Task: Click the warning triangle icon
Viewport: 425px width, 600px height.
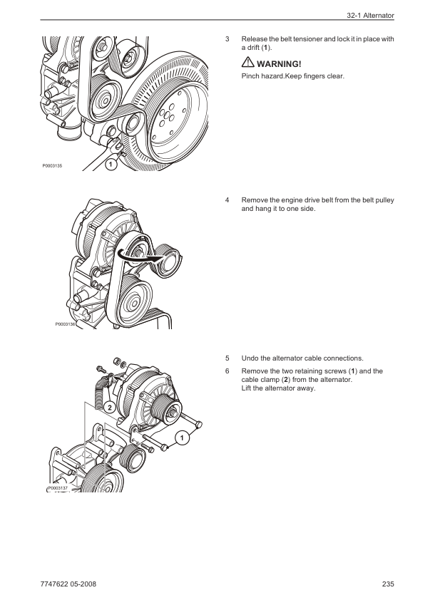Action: (247, 62)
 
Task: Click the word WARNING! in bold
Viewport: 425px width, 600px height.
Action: (279, 64)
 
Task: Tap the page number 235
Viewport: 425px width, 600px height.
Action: (388, 584)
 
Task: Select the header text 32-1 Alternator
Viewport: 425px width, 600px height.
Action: (370, 16)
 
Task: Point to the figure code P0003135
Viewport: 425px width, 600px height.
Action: (52, 166)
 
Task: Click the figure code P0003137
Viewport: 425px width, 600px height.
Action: (58, 488)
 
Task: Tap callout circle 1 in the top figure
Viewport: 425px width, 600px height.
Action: (111, 165)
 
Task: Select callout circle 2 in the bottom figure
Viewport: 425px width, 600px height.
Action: (110, 408)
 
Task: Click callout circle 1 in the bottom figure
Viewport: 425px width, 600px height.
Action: (183, 438)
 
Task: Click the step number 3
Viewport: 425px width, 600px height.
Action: (227, 39)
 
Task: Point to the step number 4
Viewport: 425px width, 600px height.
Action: (227, 200)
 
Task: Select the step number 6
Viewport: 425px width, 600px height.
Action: (227, 371)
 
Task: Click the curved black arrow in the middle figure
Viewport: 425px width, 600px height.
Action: (138, 257)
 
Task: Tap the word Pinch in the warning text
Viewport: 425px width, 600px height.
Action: (250, 76)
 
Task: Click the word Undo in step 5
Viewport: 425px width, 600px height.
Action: (250, 358)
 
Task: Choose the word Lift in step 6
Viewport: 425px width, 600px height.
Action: (246, 388)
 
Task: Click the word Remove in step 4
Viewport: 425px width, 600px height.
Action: (255, 200)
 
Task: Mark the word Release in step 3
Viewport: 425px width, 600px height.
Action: (255, 39)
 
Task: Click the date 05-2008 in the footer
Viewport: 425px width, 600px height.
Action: (84, 584)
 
